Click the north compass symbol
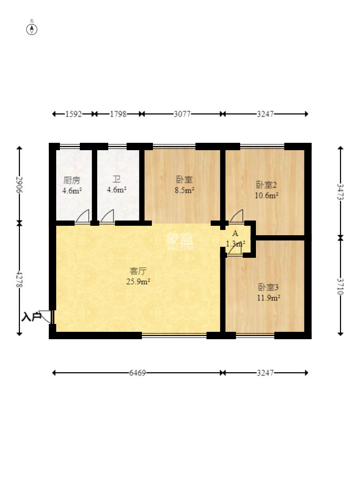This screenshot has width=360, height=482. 32,29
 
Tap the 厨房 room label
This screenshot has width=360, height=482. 71,180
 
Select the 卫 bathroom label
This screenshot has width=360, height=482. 116,180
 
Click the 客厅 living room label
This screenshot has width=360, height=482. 138,271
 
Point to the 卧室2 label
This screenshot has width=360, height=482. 266,185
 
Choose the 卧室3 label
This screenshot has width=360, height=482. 268,287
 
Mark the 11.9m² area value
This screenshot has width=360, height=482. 269,298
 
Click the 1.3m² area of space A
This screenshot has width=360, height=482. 235,244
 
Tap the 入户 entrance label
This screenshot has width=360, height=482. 30,317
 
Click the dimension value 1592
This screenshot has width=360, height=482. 74,114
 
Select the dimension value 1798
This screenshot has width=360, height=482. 118,114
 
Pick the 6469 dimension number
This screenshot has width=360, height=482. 138,373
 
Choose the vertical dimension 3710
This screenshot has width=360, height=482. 341,285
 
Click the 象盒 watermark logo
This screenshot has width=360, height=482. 180,240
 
